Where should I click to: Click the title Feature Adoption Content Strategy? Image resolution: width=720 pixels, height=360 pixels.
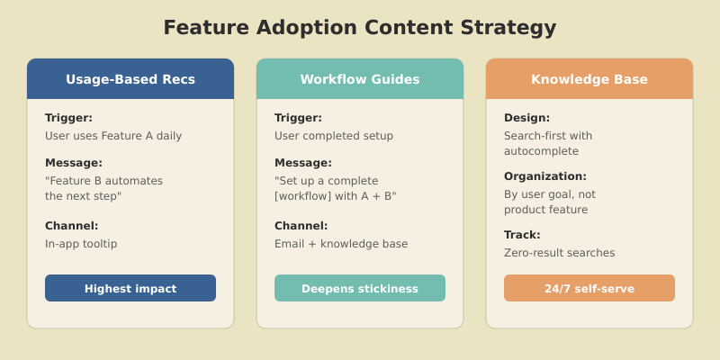(x=360, y=28)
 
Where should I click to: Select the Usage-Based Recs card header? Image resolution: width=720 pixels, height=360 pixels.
(x=130, y=79)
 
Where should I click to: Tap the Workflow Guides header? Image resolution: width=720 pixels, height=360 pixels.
(x=360, y=79)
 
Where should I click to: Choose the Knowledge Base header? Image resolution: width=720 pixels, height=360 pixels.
(x=589, y=79)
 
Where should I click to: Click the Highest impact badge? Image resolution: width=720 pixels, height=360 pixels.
(x=130, y=289)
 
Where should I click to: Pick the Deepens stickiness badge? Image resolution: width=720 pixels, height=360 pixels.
(x=360, y=289)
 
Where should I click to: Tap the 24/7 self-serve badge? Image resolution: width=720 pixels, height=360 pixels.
(x=589, y=289)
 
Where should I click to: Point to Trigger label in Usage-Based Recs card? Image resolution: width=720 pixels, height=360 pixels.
(x=68, y=118)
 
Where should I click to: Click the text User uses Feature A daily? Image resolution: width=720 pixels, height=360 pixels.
(x=113, y=136)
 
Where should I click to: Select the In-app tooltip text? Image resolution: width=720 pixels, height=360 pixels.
(x=81, y=244)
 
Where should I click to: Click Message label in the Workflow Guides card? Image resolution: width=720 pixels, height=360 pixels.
(x=302, y=163)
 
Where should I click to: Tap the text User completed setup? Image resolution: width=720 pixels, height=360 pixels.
(x=334, y=136)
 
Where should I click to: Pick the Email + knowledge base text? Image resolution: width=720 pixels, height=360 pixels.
(x=341, y=244)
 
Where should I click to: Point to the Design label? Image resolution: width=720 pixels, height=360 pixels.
(x=526, y=118)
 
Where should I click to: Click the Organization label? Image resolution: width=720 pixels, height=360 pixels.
(x=545, y=176)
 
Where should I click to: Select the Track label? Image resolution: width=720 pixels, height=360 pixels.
(x=522, y=235)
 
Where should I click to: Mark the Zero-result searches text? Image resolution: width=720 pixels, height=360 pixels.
(x=560, y=253)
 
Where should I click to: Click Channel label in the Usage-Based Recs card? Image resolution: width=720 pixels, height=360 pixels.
(x=72, y=226)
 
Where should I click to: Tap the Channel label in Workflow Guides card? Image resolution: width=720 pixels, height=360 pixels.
(x=301, y=226)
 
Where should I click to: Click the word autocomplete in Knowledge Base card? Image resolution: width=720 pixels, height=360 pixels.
(x=541, y=151)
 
